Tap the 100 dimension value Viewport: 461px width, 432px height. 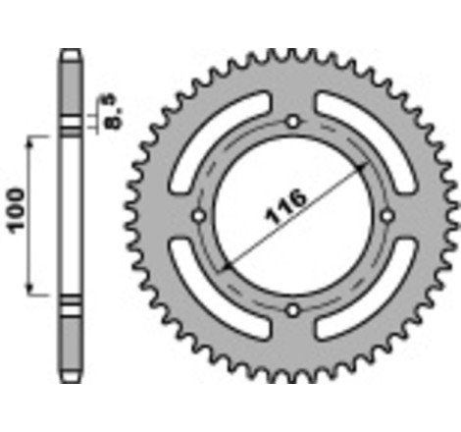pyautogui.click(x=17, y=212)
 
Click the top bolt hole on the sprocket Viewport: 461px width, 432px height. pyautogui.click(x=292, y=122)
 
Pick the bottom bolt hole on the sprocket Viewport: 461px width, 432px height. pyautogui.click(x=292, y=310)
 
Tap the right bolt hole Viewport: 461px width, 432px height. pyautogui.click(x=386, y=216)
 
